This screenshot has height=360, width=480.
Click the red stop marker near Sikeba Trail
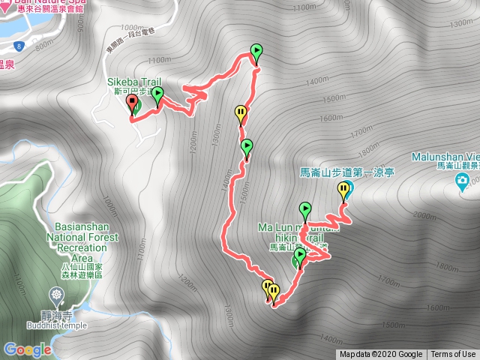point(132,103)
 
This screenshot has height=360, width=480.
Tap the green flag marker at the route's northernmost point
point(256,52)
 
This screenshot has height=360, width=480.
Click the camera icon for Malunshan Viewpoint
point(463,180)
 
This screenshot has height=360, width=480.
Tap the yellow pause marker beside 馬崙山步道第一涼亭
point(344,189)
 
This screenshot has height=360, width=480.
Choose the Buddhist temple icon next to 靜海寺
point(57,293)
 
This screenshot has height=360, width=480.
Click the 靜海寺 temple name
point(58,316)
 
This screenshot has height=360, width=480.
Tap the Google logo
point(27,349)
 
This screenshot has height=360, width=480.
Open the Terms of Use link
point(453,355)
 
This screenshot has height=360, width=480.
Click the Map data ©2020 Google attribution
point(380,355)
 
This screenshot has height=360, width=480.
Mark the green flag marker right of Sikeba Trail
point(158,94)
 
